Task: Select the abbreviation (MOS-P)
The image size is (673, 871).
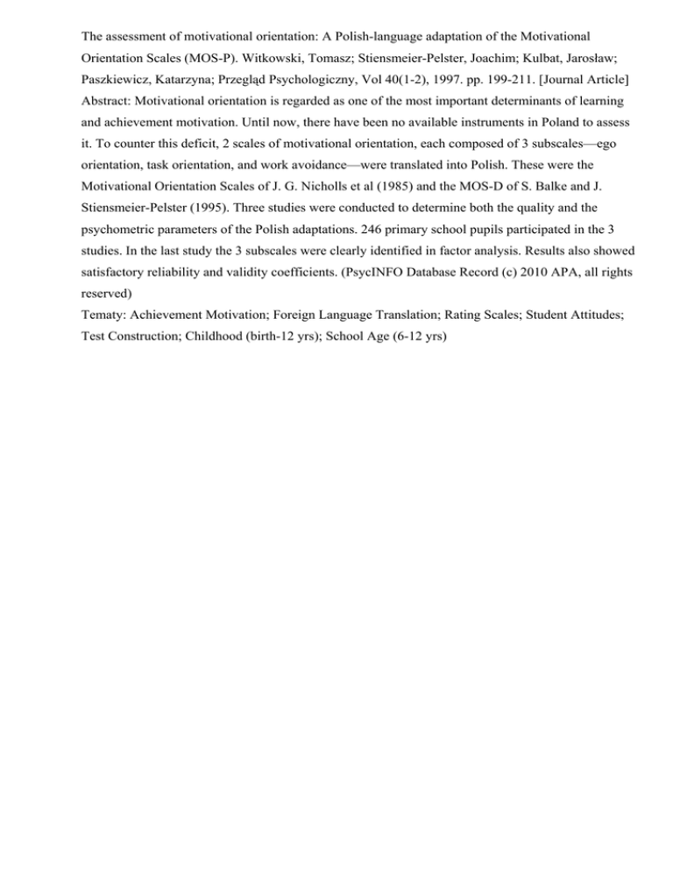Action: tap(201, 63)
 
